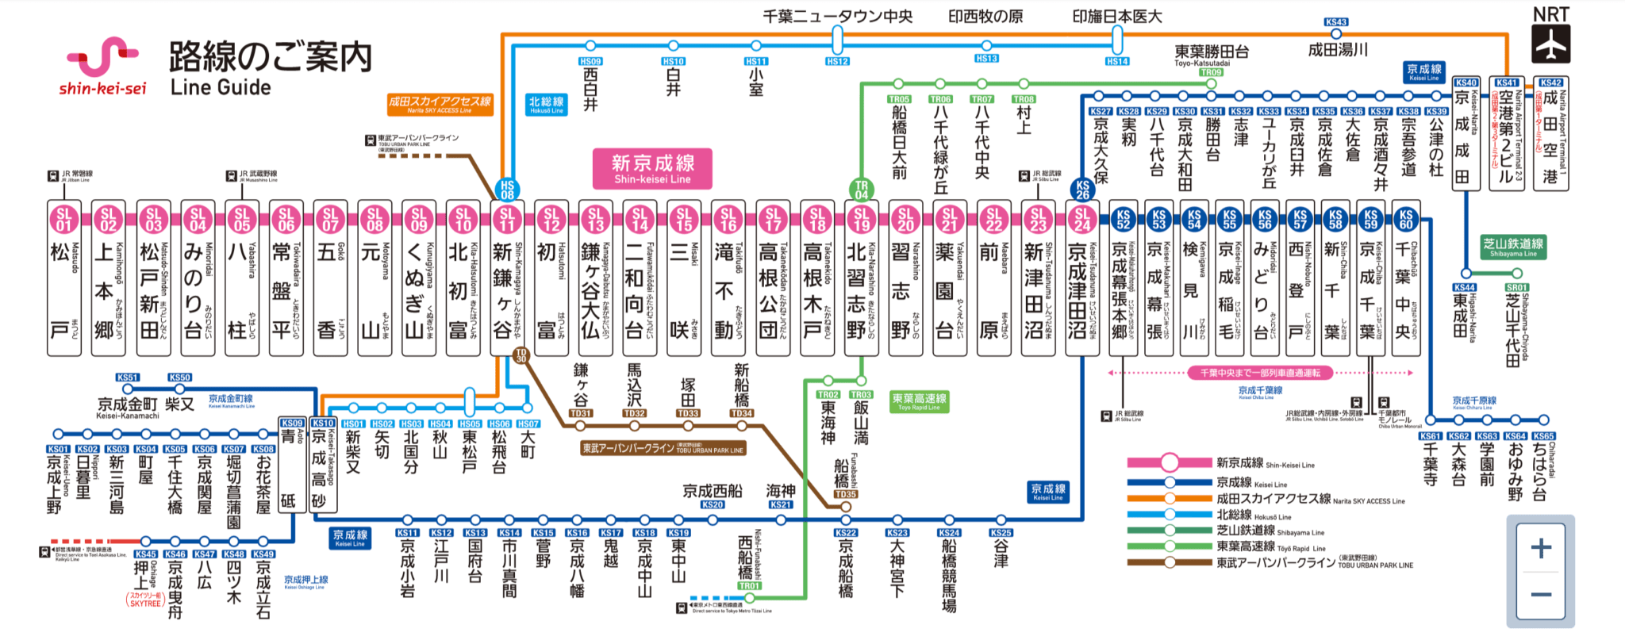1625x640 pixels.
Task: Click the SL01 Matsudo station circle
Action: (x=64, y=218)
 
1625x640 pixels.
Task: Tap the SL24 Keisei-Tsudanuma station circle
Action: (x=1081, y=218)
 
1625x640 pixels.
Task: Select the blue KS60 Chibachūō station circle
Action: (x=1406, y=218)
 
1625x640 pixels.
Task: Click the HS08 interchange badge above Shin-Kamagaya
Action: (x=507, y=190)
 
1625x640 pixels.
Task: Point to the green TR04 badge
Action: (x=862, y=190)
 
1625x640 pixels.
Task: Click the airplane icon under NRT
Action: (x=1550, y=44)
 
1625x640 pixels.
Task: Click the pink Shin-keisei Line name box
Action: (x=652, y=169)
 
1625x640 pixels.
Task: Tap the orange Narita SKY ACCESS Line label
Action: (x=440, y=105)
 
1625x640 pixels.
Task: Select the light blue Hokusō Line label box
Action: (x=547, y=105)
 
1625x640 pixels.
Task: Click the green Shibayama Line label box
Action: (x=1514, y=247)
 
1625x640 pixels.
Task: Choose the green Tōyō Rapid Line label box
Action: (x=920, y=401)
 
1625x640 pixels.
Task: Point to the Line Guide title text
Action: (x=221, y=87)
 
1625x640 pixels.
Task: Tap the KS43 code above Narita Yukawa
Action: (x=1336, y=22)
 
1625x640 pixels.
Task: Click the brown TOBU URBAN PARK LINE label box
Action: (x=663, y=449)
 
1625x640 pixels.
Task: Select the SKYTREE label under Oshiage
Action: (x=145, y=600)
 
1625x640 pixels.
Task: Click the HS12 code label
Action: (x=837, y=61)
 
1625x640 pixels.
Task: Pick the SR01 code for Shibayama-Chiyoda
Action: (x=1516, y=288)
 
